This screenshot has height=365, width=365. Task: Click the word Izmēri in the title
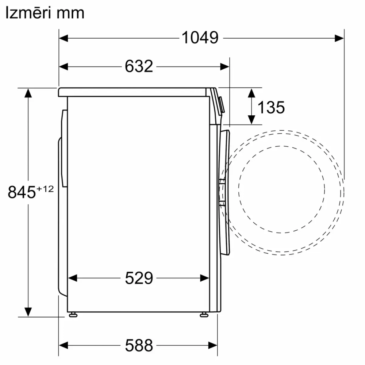coord(29,13)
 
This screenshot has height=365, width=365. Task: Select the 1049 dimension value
coord(200,38)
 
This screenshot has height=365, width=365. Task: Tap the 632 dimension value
coord(139,66)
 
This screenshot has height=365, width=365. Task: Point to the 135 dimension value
coord(271,107)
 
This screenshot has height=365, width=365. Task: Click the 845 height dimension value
coord(21,192)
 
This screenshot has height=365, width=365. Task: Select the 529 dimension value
coord(139,278)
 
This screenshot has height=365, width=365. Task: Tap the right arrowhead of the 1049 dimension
coord(339,38)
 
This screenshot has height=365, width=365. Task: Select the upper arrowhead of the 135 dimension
coord(251,92)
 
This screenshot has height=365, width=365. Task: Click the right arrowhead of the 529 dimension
coord(205,278)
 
